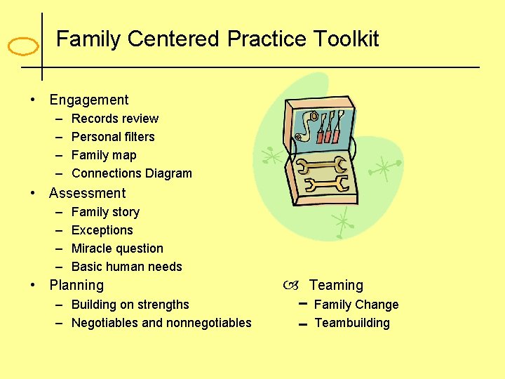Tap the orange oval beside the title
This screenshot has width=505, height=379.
pyautogui.click(x=23, y=47)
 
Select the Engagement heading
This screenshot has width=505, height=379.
pyautogui.click(x=89, y=100)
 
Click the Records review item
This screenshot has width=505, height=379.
pyautogui.click(x=115, y=119)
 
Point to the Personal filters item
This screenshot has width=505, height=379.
pyautogui.click(x=113, y=137)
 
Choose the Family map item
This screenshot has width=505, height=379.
pyautogui.click(x=104, y=155)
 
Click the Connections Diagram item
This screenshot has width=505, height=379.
pyautogui.click(x=132, y=173)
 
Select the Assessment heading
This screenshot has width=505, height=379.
pyautogui.click(x=88, y=193)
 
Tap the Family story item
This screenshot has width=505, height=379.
pyautogui.click(x=105, y=212)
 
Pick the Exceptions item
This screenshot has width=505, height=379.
pyautogui.click(x=102, y=230)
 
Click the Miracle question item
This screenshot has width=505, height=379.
pyautogui.click(x=117, y=248)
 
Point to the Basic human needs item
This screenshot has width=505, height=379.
pyautogui.click(x=127, y=267)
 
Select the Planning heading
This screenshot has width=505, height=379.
pyautogui.click(x=76, y=286)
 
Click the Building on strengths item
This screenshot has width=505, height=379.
pyautogui.click(x=130, y=305)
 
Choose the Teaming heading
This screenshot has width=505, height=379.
pyautogui.click(x=336, y=286)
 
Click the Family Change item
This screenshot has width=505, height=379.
pyautogui.click(x=356, y=305)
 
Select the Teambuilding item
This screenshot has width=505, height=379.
pyautogui.click(x=352, y=323)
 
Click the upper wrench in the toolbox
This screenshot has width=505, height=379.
pyautogui.click(x=322, y=166)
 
